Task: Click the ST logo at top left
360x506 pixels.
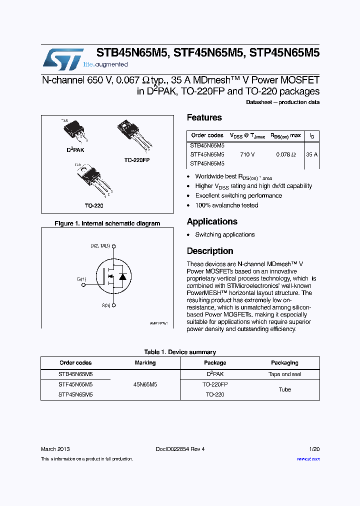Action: [63, 59]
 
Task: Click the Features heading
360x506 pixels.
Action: [204, 117]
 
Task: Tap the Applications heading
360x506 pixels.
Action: [212, 221]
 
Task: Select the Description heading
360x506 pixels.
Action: [210, 251]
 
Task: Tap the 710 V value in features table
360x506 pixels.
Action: [247, 155]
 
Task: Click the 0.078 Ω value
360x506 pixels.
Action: [285, 155]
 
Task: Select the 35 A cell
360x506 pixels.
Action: [311, 155]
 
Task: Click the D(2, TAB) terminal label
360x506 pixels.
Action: [100, 246]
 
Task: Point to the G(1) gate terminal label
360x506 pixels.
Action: [81, 278]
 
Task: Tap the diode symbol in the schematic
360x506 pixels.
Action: [122, 276]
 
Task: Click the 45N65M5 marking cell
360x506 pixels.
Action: [145, 384]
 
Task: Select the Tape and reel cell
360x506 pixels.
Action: [284, 374]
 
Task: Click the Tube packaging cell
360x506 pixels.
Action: [284, 389]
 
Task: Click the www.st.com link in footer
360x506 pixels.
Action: [308, 458]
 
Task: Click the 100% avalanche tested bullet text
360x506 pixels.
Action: [226, 205]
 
